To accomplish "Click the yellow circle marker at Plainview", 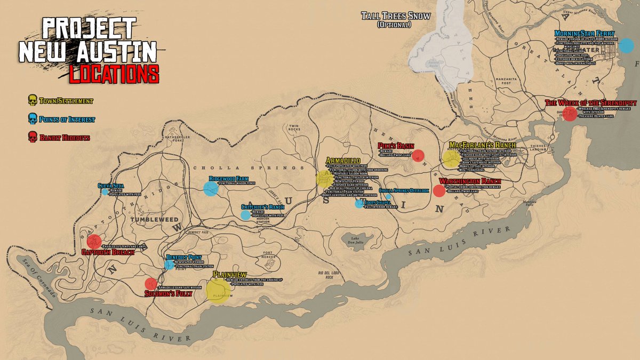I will pos(218,291).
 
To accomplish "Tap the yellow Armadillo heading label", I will pos(343,161).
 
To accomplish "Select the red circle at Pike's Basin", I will pos(419,155).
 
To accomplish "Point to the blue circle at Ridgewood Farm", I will pos(211,188).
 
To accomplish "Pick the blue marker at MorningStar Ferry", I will pos(625,45).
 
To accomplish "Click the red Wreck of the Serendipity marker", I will pos(570,114).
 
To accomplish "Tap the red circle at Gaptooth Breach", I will pos(94,242).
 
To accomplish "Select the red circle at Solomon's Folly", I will pos(151,284).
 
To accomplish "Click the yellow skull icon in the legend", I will pos(32,100).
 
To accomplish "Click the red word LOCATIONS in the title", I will pos(114,74).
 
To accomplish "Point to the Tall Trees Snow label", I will pos(395,15).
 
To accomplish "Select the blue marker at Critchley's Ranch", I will pos(245,215).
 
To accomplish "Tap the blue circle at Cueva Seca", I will pos(106,191).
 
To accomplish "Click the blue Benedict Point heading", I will pos(183,257).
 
